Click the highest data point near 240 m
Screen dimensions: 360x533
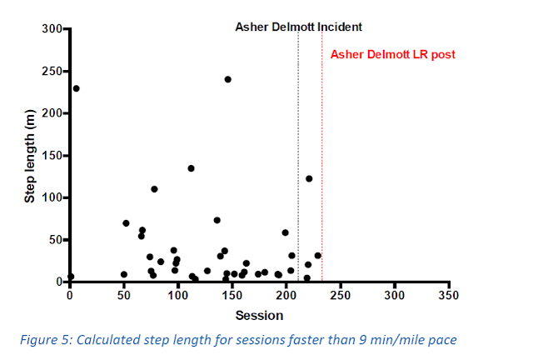click(x=227, y=79)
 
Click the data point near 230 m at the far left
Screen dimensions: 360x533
click(x=76, y=88)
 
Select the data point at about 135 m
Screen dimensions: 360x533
click(x=191, y=168)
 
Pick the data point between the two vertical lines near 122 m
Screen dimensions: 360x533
click(x=309, y=178)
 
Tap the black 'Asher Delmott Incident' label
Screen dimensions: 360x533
click(x=297, y=27)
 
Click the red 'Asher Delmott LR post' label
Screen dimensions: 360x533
click(x=393, y=55)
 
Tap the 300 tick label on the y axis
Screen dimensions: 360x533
click(x=51, y=29)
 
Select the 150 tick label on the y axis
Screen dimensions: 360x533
click(x=51, y=156)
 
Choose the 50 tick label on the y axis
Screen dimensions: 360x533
click(x=54, y=240)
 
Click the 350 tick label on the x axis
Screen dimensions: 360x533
click(x=449, y=296)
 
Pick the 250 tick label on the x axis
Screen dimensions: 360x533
click(x=341, y=296)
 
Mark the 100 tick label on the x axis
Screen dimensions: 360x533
click(x=178, y=296)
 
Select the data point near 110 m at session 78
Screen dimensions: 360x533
click(x=154, y=189)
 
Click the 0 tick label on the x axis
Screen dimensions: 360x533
click(x=70, y=296)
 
